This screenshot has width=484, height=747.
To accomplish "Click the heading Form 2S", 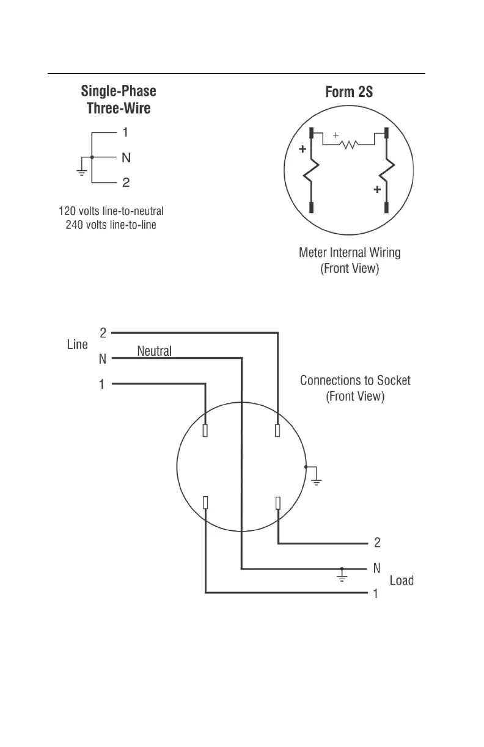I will click(x=350, y=92).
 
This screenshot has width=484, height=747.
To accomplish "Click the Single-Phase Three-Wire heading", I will click(x=119, y=100).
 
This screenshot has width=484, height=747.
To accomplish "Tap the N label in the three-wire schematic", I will click(x=126, y=158).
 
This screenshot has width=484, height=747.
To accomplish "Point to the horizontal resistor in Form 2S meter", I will click(x=349, y=145).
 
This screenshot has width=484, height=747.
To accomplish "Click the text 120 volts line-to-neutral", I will click(x=111, y=211).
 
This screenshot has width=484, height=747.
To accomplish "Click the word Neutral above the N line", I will click(x=155, y=351).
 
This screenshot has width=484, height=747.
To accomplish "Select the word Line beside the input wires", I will click(x=77, y=345).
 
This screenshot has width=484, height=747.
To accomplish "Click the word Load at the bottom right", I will click(x=402, y=580).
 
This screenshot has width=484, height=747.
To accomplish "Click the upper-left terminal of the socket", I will click(x=205, y=431).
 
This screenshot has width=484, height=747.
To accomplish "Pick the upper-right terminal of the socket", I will click(x=278, y=431).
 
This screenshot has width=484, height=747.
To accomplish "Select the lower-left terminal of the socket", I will click(x=205, y=502).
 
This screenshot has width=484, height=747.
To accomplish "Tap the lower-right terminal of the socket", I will click(x=278, y=502).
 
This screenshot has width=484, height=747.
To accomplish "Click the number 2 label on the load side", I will click(x=377, y=543).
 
